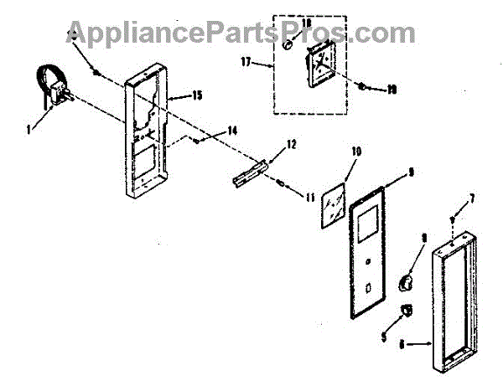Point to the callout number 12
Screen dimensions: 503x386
(291, 143)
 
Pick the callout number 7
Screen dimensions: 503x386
(471, 198)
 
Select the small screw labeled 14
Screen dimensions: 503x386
(195, 142)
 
